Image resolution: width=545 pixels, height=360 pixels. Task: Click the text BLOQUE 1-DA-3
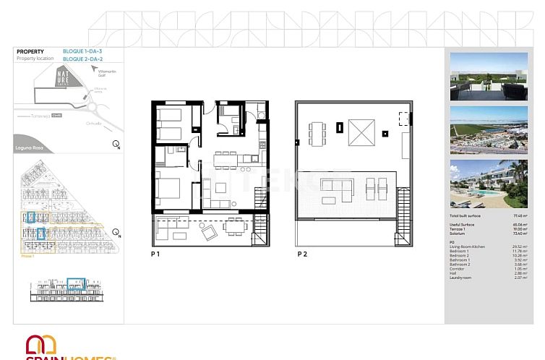[83, 51]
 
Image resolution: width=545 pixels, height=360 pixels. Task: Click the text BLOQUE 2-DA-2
[83, 59]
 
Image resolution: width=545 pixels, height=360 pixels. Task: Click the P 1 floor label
[155, 254]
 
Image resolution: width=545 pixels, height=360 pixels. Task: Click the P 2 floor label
[302, 254]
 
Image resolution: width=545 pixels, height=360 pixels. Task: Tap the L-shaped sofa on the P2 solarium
[336, 191]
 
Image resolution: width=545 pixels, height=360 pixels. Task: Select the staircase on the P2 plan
[401, 206]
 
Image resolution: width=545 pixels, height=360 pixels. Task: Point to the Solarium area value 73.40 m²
[519, 234]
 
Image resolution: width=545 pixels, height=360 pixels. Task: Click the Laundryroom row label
[460, 278]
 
